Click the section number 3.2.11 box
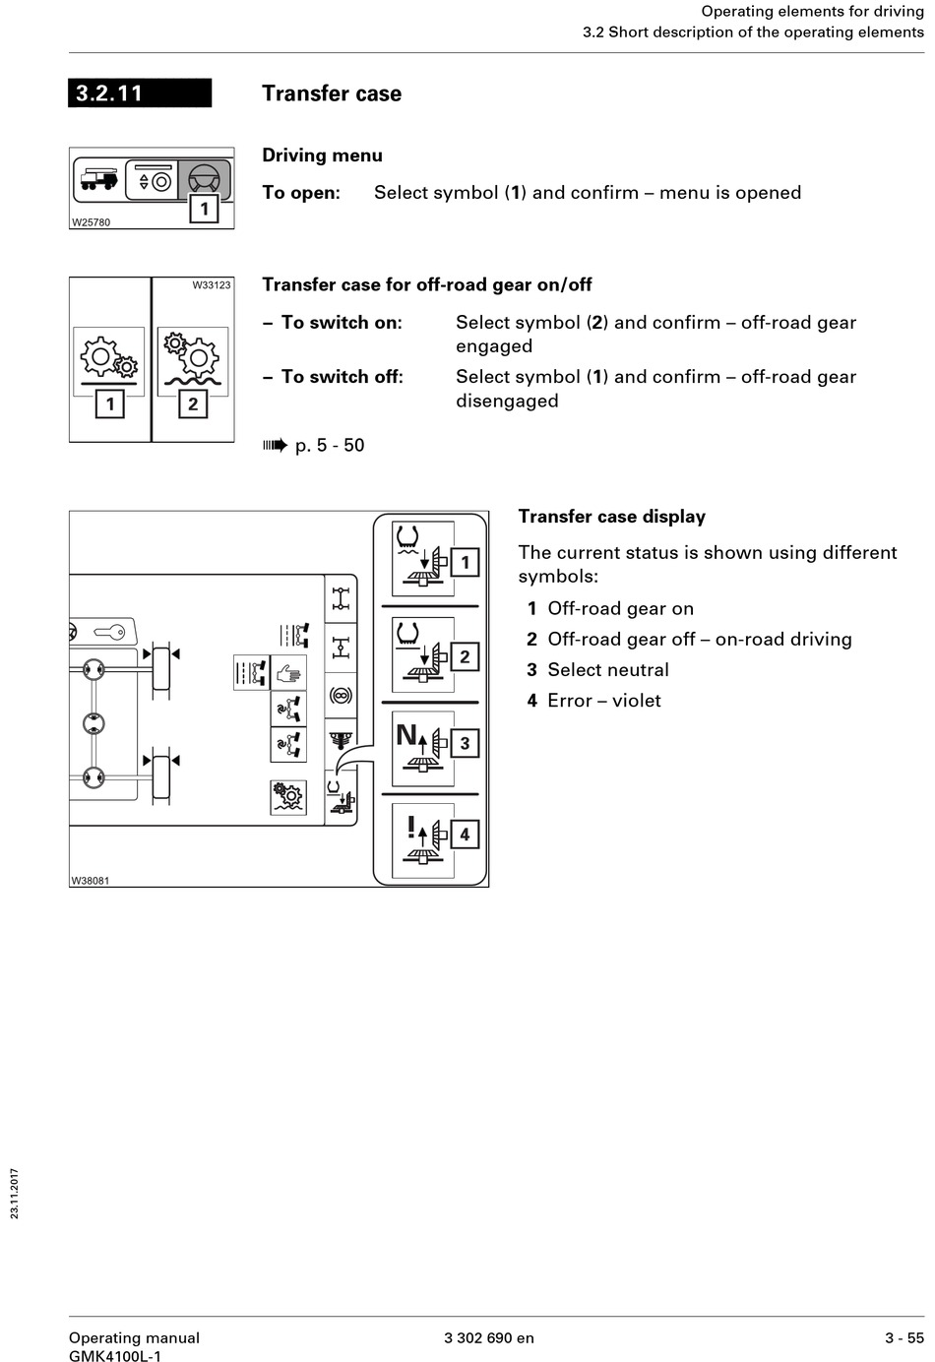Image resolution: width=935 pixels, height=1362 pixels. click(139, 93)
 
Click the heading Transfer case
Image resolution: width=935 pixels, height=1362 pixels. click(332, 93)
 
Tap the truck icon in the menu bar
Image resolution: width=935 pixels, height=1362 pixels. click(98, 180)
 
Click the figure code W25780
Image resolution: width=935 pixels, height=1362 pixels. click(91, 222)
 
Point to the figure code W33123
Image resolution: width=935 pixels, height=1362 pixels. click(212, 285)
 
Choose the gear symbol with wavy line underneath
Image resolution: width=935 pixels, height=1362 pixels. click(192, 359)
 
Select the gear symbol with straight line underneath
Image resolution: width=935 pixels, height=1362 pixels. click(109, 359)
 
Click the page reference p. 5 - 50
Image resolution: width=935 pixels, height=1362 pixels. click(329, 446)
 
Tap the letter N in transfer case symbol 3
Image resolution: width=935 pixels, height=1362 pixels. click(405, 735)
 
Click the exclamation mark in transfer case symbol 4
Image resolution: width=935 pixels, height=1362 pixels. click(411, 827)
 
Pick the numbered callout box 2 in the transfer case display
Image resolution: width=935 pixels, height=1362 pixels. click(465, 656)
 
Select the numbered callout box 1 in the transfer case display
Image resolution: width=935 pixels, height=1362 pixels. click(465, 563)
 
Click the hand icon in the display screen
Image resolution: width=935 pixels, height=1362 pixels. click(287, 674)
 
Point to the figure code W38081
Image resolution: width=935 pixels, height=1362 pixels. click(91, 881)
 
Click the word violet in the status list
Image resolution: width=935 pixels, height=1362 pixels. click(636, 701)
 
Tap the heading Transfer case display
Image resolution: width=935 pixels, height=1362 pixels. click(611, 517)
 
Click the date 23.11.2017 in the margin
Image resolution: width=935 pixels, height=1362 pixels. click(15, 1194)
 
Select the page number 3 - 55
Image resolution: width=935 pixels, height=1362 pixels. click(904, 1337)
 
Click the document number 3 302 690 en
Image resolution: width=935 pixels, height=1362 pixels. click(489, 1337)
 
